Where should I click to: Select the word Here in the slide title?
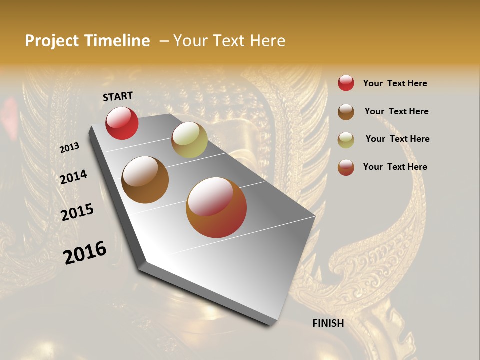(x=267, y=41)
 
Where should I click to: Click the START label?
(x=118, y=96)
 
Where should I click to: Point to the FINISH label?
(x=328, y=323)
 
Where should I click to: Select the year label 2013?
(x=69, y=148)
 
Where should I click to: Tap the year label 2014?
(x=73, y=177)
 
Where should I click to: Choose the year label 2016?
(x=85, y=252)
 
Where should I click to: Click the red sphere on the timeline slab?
(x=122, y=123)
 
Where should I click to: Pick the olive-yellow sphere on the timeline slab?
(x=189, y=140)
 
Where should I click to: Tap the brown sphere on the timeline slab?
(x=145, y=180)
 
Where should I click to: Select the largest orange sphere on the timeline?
(x=216, y=207)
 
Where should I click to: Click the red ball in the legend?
(x=346, y=83)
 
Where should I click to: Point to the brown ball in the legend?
(x=346, y=112)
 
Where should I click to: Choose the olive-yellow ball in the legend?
(x=346, y=140)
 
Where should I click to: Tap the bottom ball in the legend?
(x=346, y=167)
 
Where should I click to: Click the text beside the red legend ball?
(x=395, y=83)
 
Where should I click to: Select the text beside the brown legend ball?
(x=396, y=111)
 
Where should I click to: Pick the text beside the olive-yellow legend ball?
(x=397, y=139)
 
